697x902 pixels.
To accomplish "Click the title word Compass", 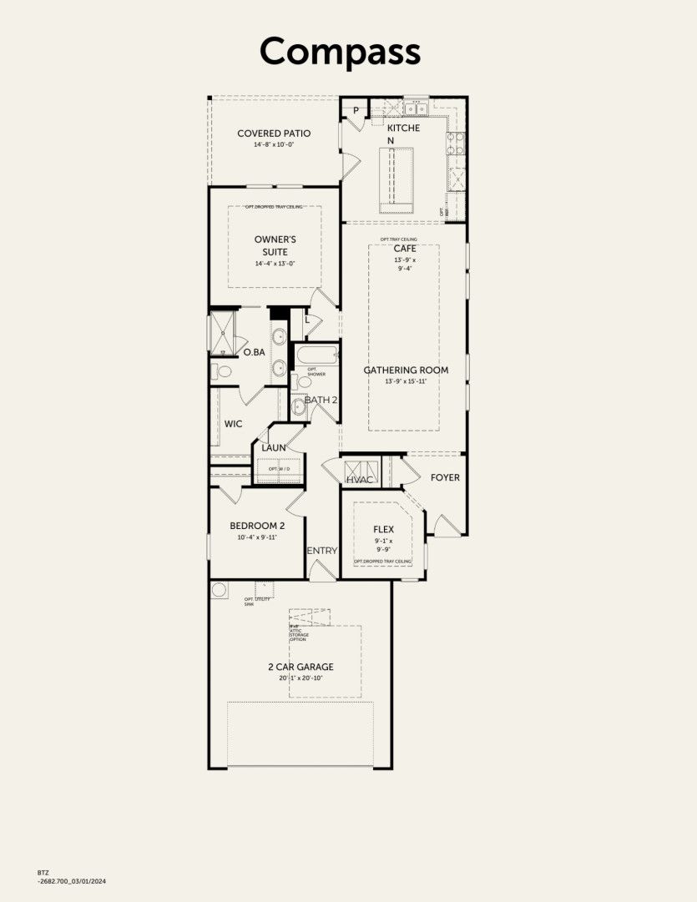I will click(340, 51).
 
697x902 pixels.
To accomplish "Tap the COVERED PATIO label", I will click(274, 133).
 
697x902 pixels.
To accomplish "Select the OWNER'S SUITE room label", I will click(275, 245).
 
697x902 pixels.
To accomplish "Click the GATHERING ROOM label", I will click(406, 370).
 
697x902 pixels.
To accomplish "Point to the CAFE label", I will click(405, 248).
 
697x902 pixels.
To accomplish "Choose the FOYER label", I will click(445, 477).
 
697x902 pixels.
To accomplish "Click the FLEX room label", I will click(384, 529).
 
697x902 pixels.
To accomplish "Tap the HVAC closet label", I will click(360, 479).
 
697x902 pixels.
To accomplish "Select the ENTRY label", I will click(321, 551).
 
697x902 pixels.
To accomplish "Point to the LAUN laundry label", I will click(274, 447).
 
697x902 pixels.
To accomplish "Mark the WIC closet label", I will click(234, 424).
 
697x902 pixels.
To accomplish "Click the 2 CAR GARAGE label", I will click(301, 667).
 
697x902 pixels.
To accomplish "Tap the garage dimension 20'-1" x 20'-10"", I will click(301, 678).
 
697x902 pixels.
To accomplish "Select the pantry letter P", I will click(355, 110).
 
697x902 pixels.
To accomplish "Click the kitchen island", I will click(396, 179).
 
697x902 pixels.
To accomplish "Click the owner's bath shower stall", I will click(223, 332).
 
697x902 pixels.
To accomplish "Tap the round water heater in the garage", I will click(220, 590).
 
